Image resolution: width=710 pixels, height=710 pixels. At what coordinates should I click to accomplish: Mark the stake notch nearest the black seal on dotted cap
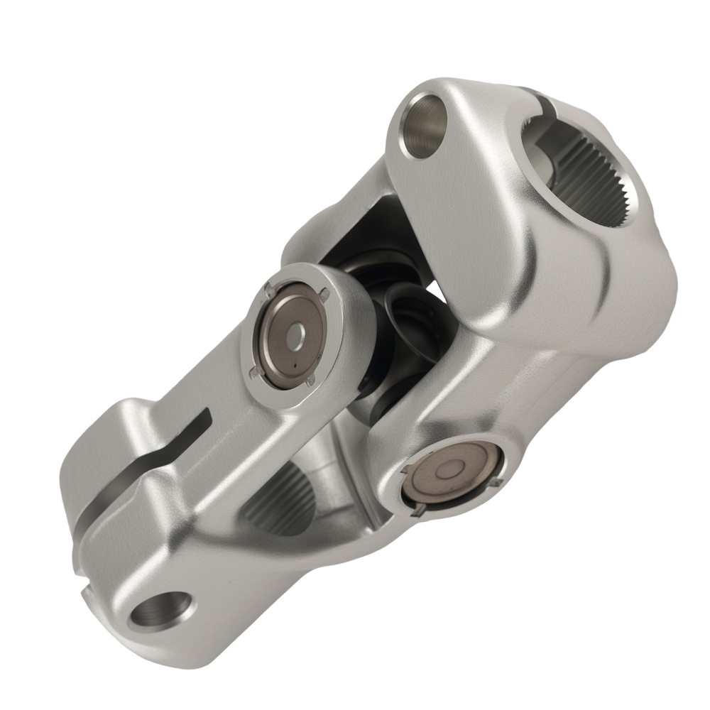click(324, 293)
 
